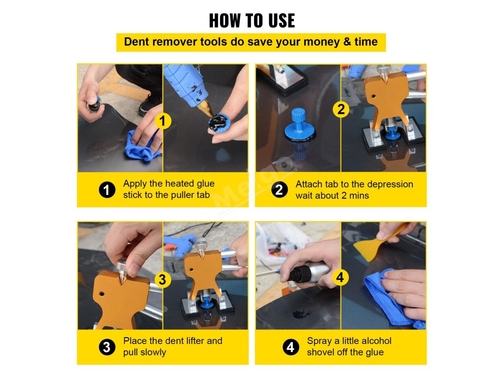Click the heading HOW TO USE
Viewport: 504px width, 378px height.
coord(252,21)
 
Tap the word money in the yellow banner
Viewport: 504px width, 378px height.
coord(322,42)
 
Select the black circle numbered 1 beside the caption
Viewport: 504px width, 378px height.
coord(107,189)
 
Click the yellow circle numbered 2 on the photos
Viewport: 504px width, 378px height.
coord(341,109)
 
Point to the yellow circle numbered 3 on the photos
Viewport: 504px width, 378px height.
coord(162,280)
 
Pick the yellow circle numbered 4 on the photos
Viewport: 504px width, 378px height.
coord(341,277)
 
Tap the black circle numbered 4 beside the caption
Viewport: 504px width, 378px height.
coord(290,347)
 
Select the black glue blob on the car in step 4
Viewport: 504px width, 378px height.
coord(302,314)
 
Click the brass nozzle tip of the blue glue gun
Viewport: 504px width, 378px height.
coord(207,108)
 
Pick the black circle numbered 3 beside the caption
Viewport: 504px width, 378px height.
coord(107,347)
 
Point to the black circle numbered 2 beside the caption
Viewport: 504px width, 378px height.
coord(280,189)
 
